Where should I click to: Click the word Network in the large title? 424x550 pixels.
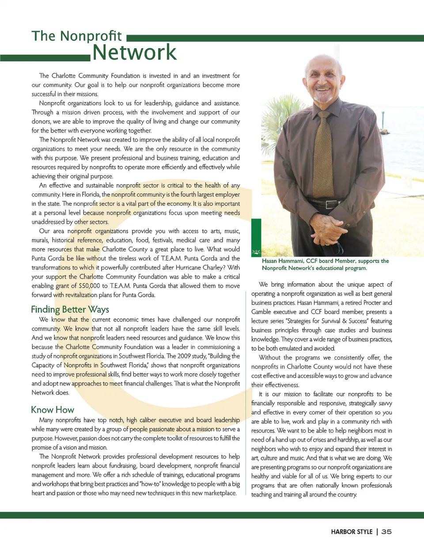click(x=134, y=53)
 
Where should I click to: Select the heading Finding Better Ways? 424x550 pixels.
click(x=70, y=309)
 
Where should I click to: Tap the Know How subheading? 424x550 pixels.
click(x=53, y=410)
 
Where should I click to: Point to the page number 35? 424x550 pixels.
click(x=386, y=532)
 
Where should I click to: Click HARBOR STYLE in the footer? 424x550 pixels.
click(x=352, y=532)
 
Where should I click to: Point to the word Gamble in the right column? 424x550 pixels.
click(x=261, y=312)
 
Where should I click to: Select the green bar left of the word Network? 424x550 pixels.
click(x=45, y=58)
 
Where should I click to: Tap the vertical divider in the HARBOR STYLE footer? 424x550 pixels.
click(x=377, y=532)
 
